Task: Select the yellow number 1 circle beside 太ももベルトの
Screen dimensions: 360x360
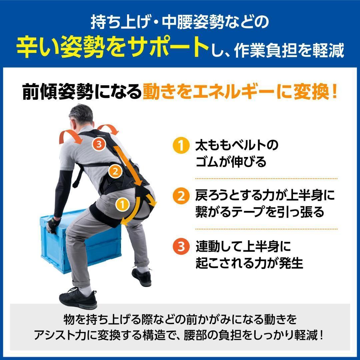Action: coord(180,146)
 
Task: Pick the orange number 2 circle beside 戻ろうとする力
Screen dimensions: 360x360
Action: coord(180,196)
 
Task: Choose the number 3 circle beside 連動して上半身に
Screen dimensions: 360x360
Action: coord(180,247)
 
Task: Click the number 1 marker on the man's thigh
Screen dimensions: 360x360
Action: coord(123,204)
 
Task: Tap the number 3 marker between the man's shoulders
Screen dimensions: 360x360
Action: coord(99,144)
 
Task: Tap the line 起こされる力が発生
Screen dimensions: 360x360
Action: coord(249,263)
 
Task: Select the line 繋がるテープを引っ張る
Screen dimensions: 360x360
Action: coord(260,212)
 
